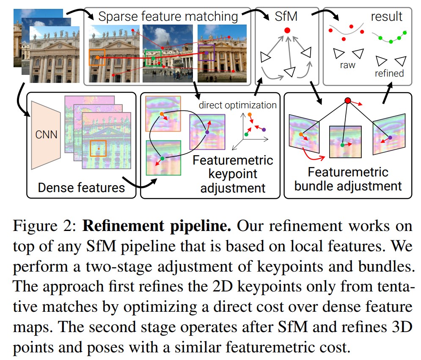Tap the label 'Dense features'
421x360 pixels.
click(x=82, y=187)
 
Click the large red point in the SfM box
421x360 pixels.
click(x=287, y=30)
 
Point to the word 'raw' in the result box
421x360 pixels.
click(x=348, y=65)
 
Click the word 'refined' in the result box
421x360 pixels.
click(x=389, y=73)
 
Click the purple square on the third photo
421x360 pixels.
click(x=206, y=53)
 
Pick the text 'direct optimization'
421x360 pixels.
click(x=238, y=105)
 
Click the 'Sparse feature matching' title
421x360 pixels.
click(x=168, y=17)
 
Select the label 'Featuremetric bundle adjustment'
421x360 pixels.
click(x=348, y=179)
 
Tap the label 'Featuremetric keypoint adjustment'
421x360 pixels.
click(x=233, y=174)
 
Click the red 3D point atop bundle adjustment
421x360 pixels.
click(x=348, y=101)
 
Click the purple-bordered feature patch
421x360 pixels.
click(x=207, y=132)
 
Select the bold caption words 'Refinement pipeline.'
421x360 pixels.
click(x=157, y=226)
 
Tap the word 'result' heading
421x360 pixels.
click(x=387, y=17)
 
